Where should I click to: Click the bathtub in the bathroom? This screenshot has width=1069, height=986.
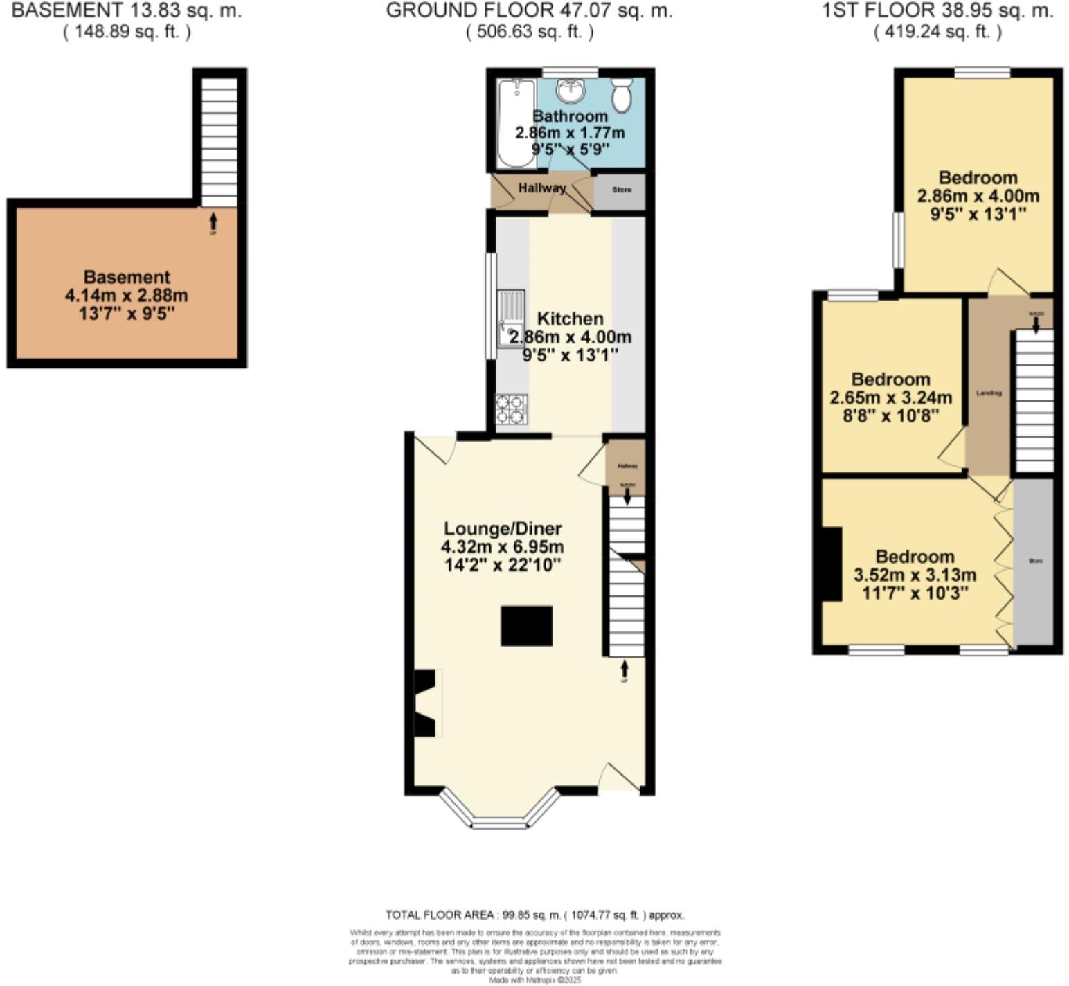(x=515, y=123)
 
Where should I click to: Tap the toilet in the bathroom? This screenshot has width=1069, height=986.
(x=622, y=95)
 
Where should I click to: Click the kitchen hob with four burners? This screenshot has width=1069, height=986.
(x=512, y=409)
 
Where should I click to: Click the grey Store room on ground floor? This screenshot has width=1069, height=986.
(x=621, y=190)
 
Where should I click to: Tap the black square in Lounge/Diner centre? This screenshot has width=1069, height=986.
(x=527, y=626)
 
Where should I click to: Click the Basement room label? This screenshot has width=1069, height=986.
(x=127, y=277)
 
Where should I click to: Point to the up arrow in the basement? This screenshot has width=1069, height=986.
(x=213, y=222)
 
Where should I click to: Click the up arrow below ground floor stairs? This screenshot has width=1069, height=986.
(x=625, y=670)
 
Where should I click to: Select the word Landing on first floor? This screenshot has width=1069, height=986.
(x=989, y=393)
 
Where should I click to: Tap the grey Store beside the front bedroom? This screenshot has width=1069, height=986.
(x=1034, y=561)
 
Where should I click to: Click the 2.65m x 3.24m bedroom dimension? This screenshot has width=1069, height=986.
(x=890, y=398)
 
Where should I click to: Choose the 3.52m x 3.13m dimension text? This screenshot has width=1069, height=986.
(x=915, y=575)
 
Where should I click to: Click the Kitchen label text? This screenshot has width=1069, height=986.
(x=571, y=319)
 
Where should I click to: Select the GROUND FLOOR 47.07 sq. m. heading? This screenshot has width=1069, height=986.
(x=529, y=10)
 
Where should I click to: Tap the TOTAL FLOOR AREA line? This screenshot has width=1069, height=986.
(x=534, y=915)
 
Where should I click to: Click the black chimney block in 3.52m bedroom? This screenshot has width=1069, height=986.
(x=832, y=564)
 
